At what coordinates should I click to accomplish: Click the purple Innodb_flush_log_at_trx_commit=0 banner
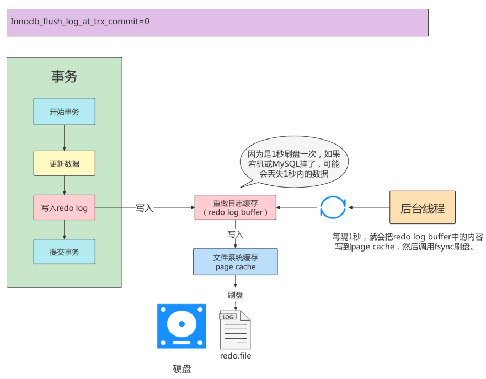click(x=217, y=23)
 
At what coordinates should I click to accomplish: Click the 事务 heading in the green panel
click(x=64, y=77)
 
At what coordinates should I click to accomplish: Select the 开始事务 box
click(x=64, y=111)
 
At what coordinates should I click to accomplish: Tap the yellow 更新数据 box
click(x=64, y=164)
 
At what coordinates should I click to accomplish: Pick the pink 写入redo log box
click(x=64, y=208)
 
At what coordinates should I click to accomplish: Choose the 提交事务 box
click(x=64, y=252)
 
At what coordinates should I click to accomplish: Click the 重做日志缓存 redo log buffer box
click(x=236, y=207)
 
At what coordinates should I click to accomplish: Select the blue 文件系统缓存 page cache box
click(x=235, y=261)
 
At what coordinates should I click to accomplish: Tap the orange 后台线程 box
click(x=422, y=208)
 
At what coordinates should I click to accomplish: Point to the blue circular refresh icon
click(x=333, y=208)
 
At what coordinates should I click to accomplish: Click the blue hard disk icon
click(x=181, y=326)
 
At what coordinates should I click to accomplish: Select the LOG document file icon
click(x=235, y=329)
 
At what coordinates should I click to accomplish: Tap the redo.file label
click(x=236, y=356)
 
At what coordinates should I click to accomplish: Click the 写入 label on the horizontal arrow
click(x=145, y=209)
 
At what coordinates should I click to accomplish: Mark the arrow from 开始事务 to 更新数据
click(x=65, y=138)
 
